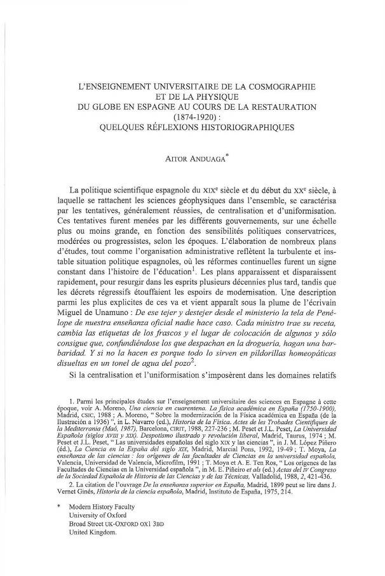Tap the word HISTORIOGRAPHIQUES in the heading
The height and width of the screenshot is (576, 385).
[x=243, y=128]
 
